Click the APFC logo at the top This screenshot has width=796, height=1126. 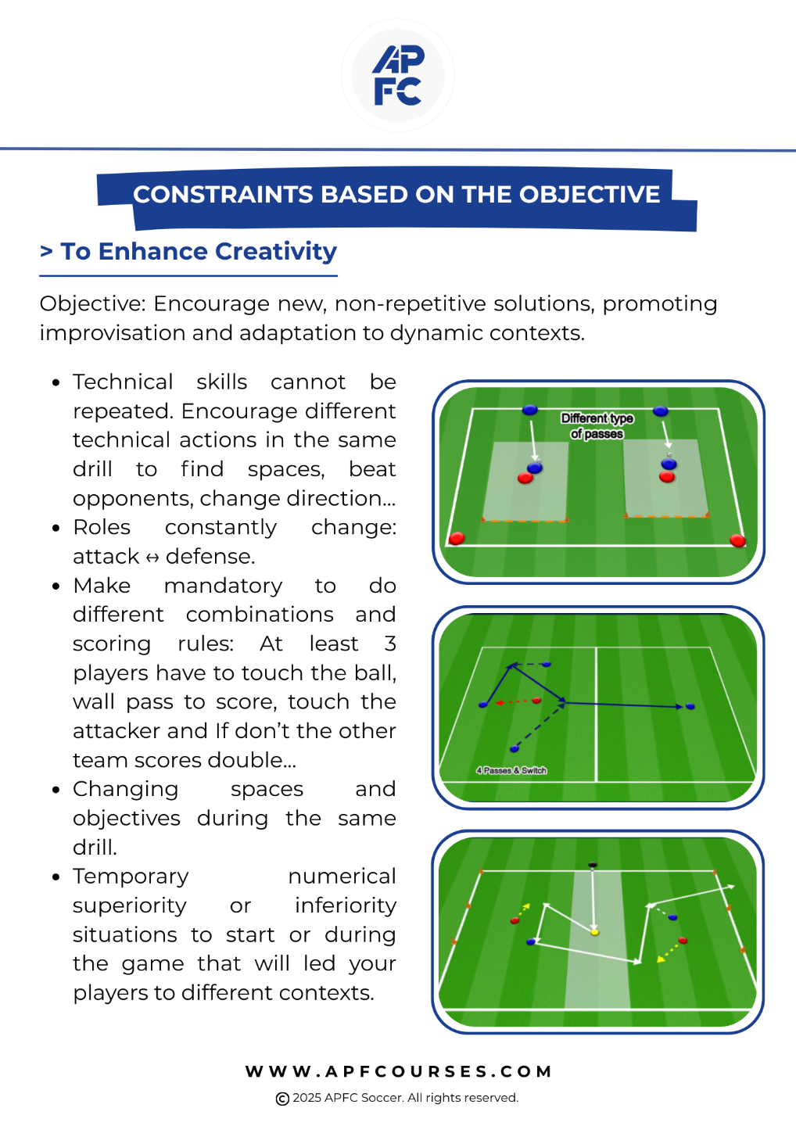point(398,75)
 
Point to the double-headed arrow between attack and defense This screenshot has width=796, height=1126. point(152,558)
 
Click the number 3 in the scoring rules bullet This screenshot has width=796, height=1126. point(390,644)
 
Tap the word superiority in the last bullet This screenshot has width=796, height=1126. point(130,905)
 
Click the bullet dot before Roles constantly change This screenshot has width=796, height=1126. point(56,529)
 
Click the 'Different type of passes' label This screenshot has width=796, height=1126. point(597,425)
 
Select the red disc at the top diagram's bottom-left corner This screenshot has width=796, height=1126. point(457,538)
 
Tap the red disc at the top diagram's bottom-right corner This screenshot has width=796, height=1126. point(737,540)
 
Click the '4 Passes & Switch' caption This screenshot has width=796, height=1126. point(511,770)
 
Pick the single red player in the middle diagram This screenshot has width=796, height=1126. point(536,701)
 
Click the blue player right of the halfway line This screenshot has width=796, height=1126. point(690,706)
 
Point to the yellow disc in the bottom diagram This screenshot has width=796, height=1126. point(594,932)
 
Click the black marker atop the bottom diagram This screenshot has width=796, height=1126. point(592,865)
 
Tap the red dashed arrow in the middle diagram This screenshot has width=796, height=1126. point(513,702)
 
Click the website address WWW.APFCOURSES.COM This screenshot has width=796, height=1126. point(399,1071)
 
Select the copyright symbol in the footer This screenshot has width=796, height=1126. point(282,1099)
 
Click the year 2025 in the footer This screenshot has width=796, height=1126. point(307,1098)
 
